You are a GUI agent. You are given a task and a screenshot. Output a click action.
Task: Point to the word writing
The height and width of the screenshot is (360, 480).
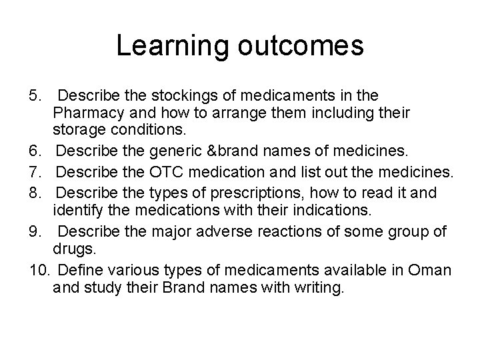317,291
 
